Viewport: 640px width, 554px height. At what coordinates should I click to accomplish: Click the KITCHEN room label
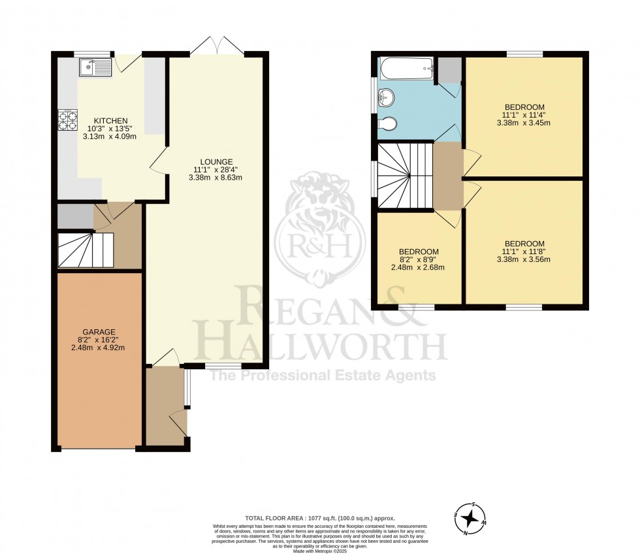[x=106, y=121]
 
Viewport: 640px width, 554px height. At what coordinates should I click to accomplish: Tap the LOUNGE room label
[x=217, y=162]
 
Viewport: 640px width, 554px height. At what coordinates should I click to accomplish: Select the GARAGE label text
[x=98, y=331]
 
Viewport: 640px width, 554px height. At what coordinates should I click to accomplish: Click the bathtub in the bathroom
[x=406, y=66]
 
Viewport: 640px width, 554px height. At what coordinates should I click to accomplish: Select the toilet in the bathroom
[x=388, y=123]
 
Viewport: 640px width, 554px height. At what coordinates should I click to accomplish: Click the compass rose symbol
[x=468, y=519]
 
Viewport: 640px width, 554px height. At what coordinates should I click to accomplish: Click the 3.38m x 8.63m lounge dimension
[x=217, y=178]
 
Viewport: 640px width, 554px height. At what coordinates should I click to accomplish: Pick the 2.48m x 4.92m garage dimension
[x=98, y=347]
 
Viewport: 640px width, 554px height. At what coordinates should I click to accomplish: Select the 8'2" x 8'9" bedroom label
[x=419, y=259]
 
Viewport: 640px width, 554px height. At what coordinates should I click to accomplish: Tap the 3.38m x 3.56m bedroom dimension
[x=524, y=259]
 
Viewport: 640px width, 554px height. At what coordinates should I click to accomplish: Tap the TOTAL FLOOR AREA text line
[x=320, y=517]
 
